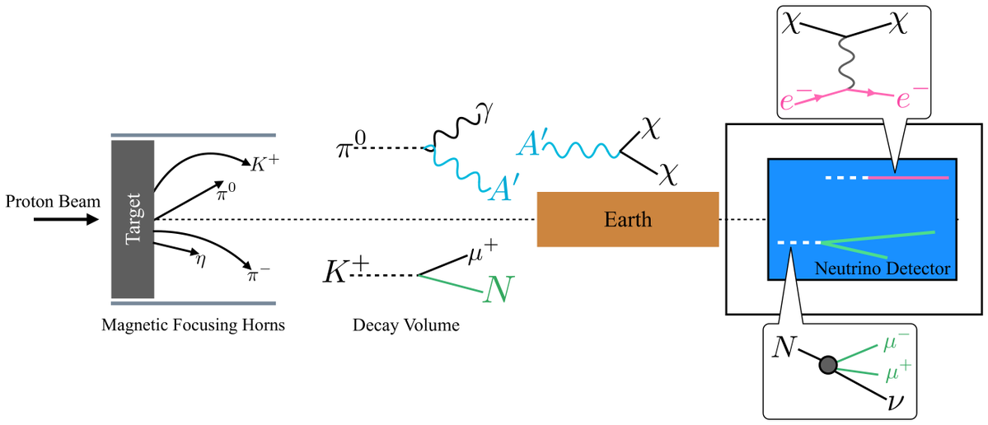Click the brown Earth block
tap(627, 219)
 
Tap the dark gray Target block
tap(133, 218)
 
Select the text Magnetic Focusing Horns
tap(193, 325)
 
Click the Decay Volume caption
tap(404, 325)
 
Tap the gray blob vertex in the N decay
tap(828, 365)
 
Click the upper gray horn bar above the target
tap(193, 134)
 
